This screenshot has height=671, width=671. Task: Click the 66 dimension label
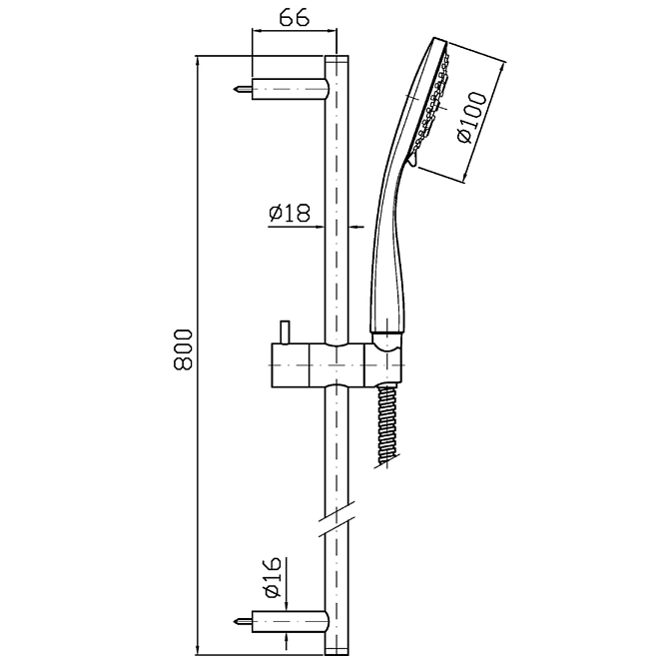click(294, 18)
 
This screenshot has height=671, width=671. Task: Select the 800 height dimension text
click(184, 349)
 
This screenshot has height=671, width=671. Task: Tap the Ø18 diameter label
click(290, 213)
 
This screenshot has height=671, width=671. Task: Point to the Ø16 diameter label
click(273, 577)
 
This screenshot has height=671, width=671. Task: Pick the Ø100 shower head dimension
click(472, 118)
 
